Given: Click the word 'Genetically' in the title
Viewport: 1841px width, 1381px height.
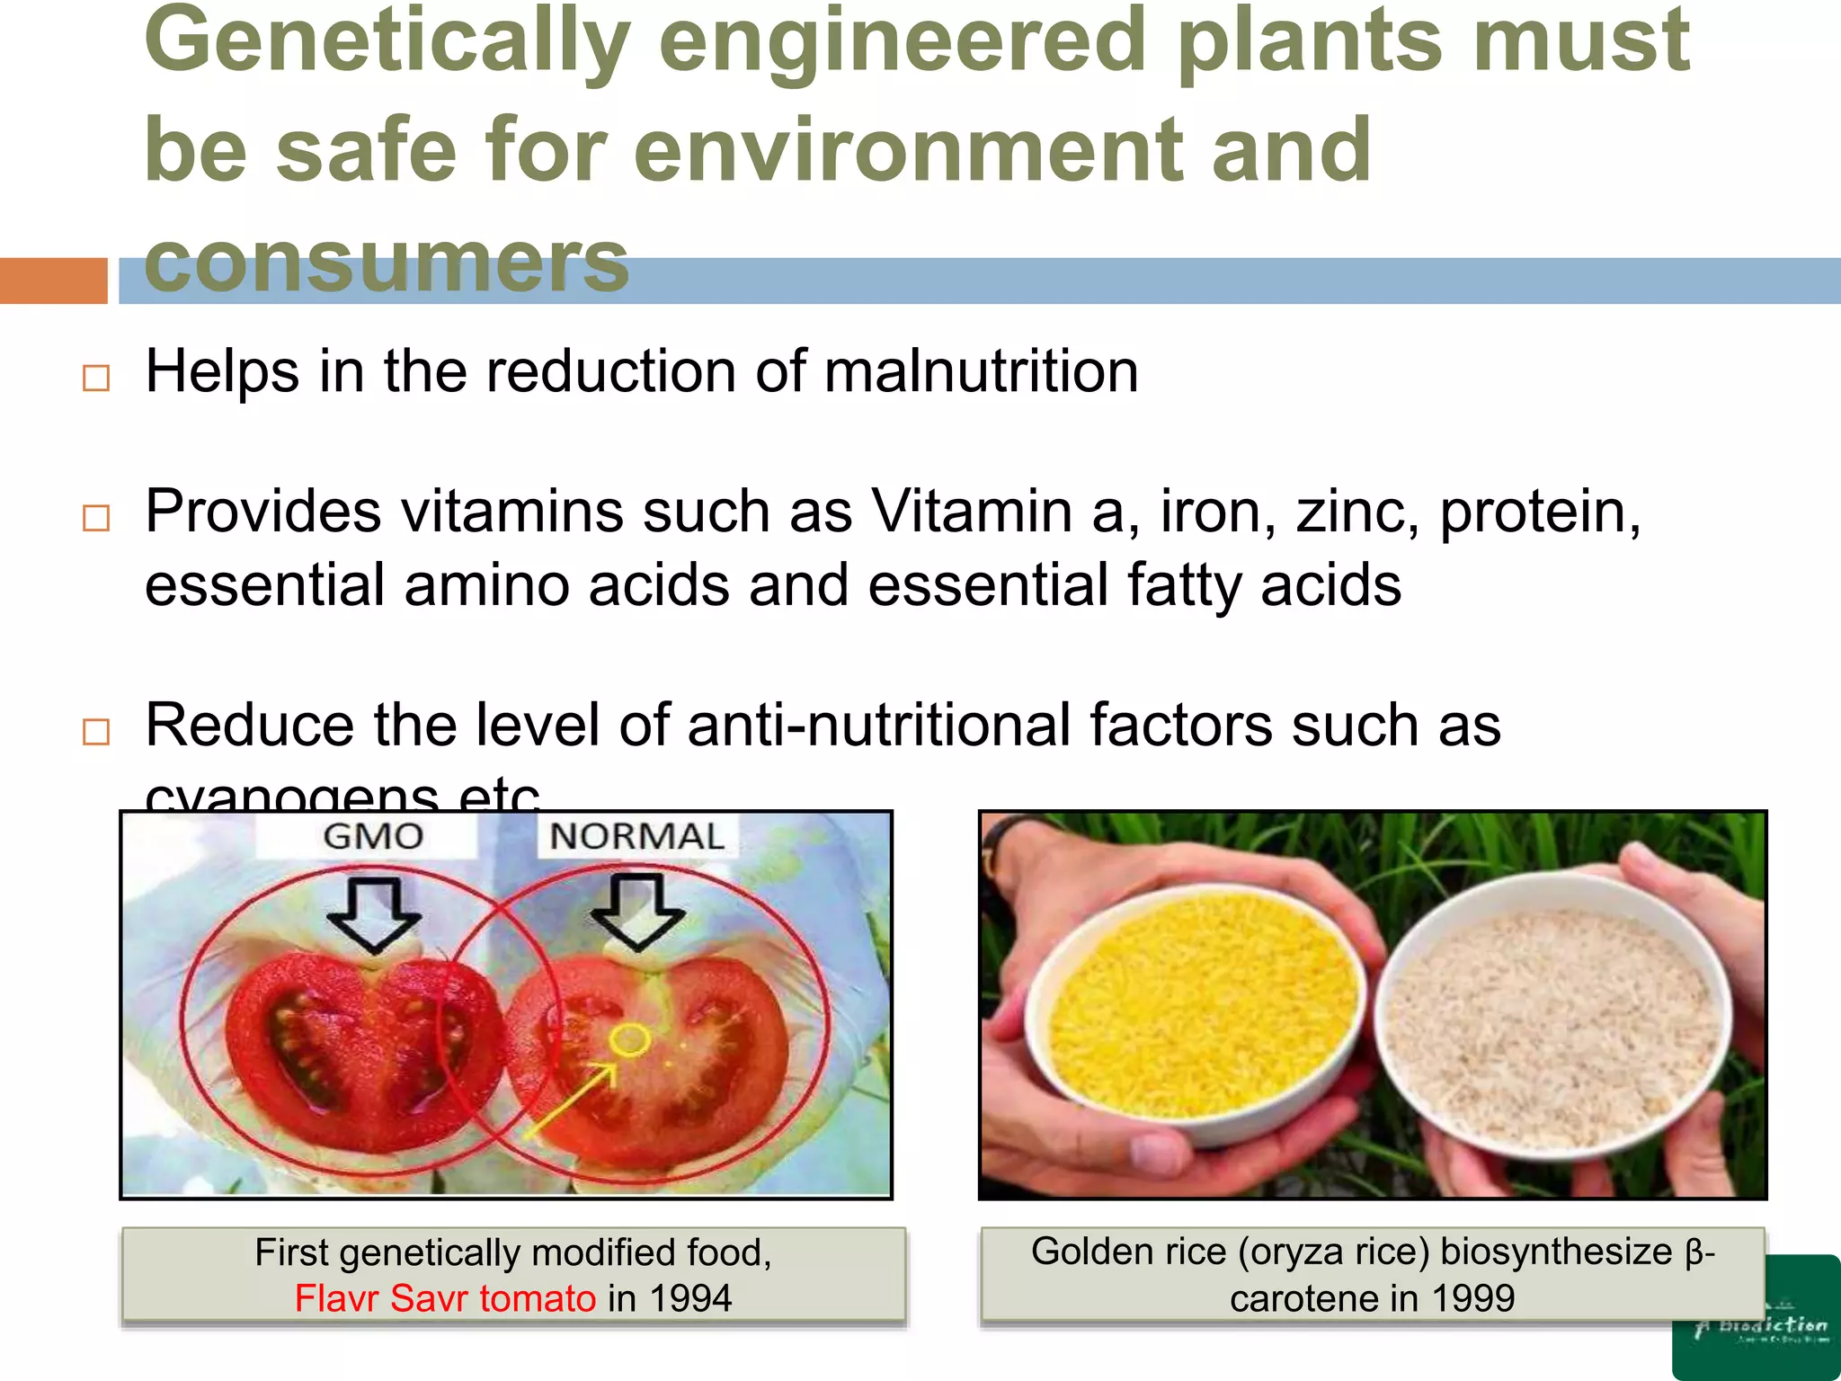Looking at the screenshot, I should (387, 43).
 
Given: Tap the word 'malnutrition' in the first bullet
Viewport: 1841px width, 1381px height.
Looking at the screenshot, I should (981, 371).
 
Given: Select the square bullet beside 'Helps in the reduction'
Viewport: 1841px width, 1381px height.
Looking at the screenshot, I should (95, 378).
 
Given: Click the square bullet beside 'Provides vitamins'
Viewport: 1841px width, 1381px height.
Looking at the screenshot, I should (95, 518).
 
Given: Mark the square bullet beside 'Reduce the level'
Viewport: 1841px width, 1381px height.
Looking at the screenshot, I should (95, 731).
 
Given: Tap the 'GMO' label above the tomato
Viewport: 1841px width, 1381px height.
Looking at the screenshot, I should (373, 837).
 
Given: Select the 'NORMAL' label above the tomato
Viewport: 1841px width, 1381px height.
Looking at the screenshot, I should (636, 837).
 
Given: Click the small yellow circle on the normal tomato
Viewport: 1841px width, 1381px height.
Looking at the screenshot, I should (629, 1039).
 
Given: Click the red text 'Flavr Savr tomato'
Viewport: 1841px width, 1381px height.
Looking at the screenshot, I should (445, 1298).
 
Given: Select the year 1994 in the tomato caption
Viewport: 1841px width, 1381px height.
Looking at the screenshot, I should (690, 1298).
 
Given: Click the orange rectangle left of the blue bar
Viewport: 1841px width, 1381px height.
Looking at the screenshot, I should (53, 281).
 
